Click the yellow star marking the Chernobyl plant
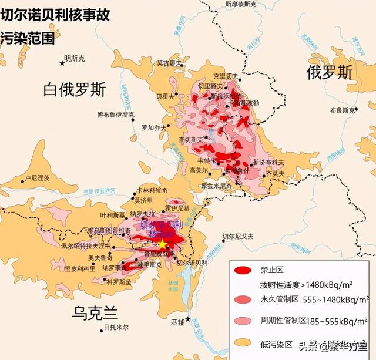[163, 244]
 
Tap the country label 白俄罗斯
[75, 90]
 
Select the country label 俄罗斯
[330, 72]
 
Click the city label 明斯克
[75, 58]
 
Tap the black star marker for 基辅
[187, 319]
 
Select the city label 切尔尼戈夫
[237, 237]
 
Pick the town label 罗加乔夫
[155, 127]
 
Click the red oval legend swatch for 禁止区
[243, 271]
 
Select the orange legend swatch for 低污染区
[243, 342]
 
